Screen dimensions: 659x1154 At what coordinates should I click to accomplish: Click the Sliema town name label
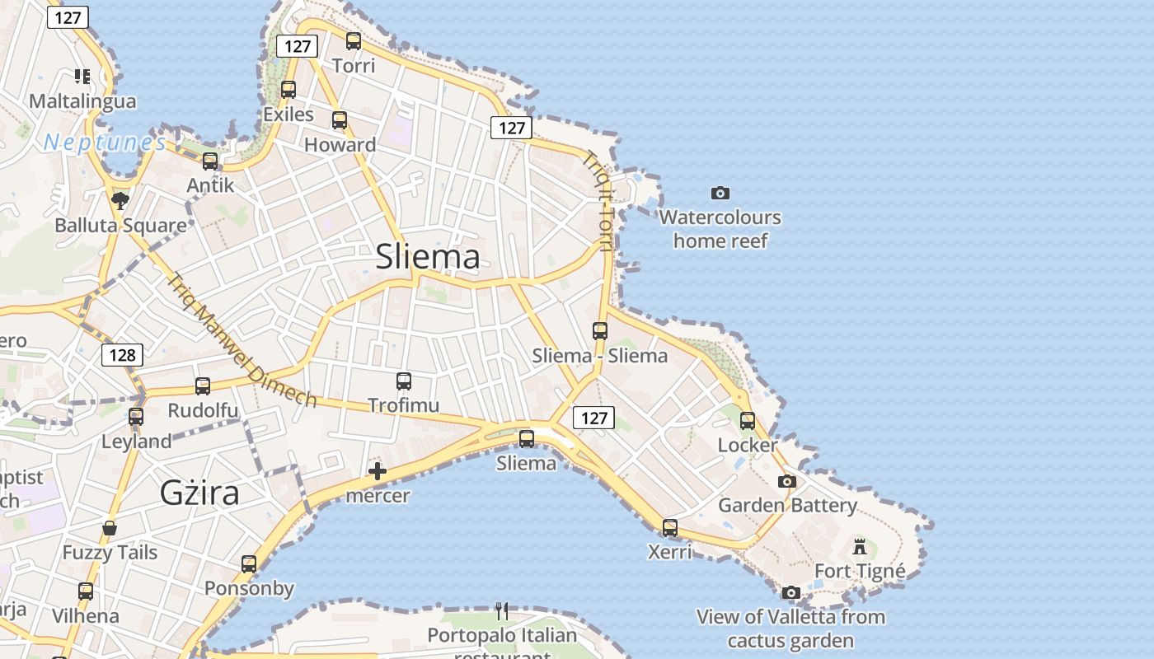coord(427,257)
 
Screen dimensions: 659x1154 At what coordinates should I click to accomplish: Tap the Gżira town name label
coord(199,493)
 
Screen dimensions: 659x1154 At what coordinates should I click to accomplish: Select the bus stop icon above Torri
coord(354,41)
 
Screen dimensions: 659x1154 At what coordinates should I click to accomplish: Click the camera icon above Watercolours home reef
coord(720,193)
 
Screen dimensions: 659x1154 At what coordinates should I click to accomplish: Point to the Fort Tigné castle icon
coord(860,546)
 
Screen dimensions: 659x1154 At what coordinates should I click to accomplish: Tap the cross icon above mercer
coord(378,471)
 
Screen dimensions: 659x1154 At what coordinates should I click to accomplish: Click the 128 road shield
coord(122,355)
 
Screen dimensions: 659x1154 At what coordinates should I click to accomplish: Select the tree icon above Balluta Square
coord(120,200)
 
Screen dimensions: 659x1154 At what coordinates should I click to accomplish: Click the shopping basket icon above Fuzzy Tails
coord(110,527)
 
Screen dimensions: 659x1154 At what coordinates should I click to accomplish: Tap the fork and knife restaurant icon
coord(502,610)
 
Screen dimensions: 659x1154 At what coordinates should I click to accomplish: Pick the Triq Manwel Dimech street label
coord(242,340)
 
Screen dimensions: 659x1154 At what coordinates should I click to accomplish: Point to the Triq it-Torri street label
coord(600,201)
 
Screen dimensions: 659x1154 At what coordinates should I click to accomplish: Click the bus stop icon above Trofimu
coord(403,381)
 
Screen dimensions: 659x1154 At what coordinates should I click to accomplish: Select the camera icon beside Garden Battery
coord(787,481)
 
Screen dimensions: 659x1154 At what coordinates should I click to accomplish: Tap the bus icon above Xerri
coord(670,528)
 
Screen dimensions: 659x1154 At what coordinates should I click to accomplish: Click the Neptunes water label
coord(105,143)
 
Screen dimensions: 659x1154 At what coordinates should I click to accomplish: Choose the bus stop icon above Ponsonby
coord(249,564)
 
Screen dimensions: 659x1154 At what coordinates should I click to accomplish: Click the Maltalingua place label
coord(82,101)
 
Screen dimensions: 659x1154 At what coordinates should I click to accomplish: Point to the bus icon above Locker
coord(748,421)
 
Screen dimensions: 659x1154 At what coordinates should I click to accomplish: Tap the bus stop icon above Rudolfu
coord(203,386)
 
